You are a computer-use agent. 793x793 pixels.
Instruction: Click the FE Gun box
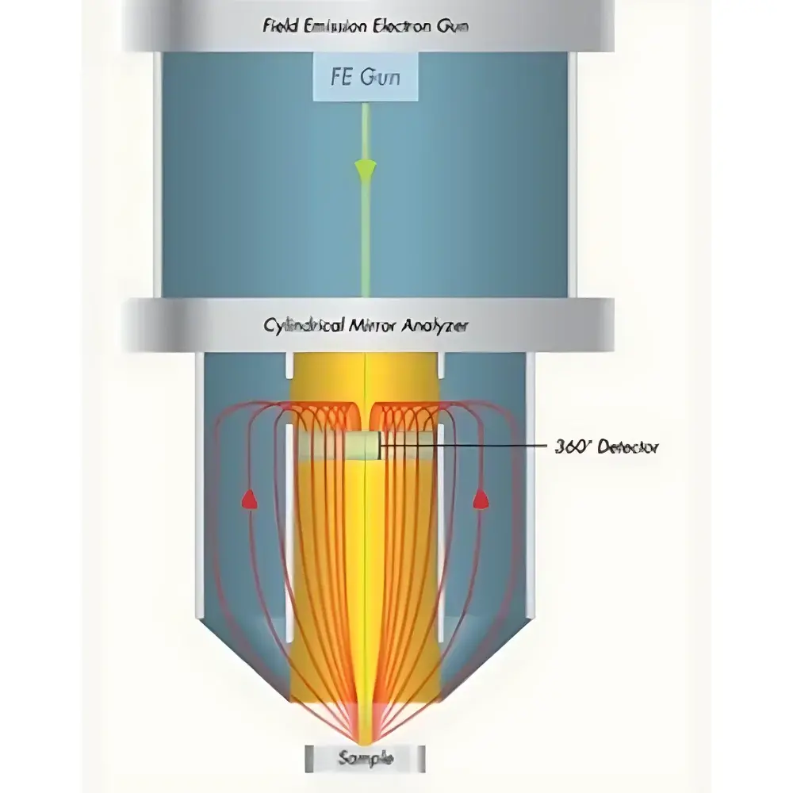tap(364, 78)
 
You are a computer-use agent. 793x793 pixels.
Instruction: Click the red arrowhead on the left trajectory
tap(249, 499)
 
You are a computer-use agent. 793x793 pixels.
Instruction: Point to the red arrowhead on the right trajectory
tap(480, 498)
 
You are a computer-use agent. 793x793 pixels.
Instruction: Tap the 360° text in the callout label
tap(573, 447)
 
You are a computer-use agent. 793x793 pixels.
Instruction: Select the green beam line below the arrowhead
tap(365, 238)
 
